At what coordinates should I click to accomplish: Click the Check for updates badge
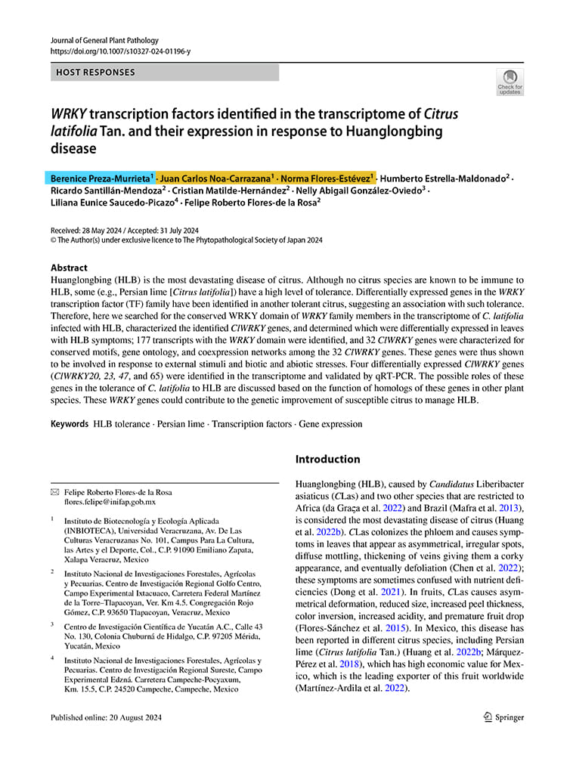(510, 82)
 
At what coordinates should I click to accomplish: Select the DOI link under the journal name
(120, 51)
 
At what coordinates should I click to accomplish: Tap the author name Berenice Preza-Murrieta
(100, 178)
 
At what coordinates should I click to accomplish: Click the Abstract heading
(69, 268)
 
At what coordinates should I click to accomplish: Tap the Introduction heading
(327, 459)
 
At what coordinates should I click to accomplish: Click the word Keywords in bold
(70, 424)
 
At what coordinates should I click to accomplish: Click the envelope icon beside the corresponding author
(54, 491)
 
